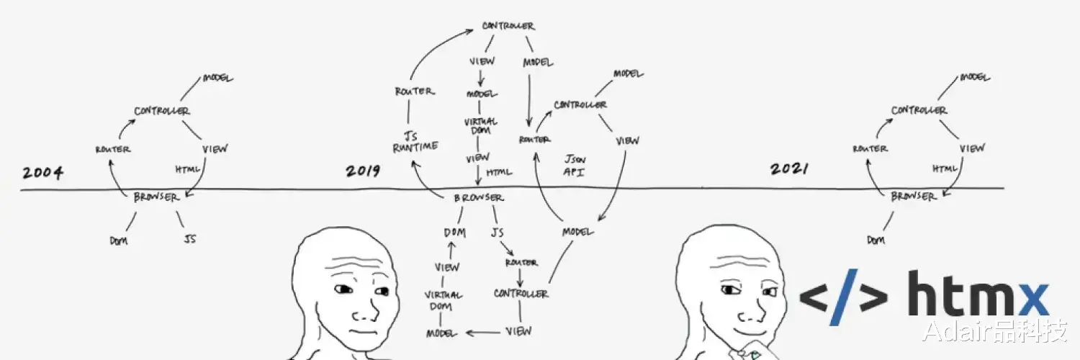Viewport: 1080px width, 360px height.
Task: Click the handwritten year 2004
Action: pos(42,173)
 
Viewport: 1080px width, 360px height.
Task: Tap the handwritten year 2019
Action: pos(363,171)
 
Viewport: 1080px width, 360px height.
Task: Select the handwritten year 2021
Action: pos(789,168)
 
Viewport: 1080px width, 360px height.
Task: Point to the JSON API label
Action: pos(575,165)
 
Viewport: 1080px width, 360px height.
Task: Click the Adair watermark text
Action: pos(994,332)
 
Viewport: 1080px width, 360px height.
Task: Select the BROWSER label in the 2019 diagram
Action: pos(479,197)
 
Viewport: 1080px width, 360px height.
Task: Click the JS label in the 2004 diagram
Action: pos(190,238)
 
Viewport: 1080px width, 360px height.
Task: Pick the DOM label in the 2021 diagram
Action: pos(876,240)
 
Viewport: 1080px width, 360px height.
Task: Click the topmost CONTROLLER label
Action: pos(508,25)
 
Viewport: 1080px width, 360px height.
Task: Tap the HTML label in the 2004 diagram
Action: pos(187,170)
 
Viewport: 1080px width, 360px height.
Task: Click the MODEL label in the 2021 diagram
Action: pos(975,77)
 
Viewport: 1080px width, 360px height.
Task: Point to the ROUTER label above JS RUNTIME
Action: pos(415,91)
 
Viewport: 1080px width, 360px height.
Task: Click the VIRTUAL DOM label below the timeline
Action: pos(443,300)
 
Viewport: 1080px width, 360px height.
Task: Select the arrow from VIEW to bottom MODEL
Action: pos(483,333)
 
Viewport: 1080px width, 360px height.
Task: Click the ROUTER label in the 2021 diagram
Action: pos(870,148)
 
